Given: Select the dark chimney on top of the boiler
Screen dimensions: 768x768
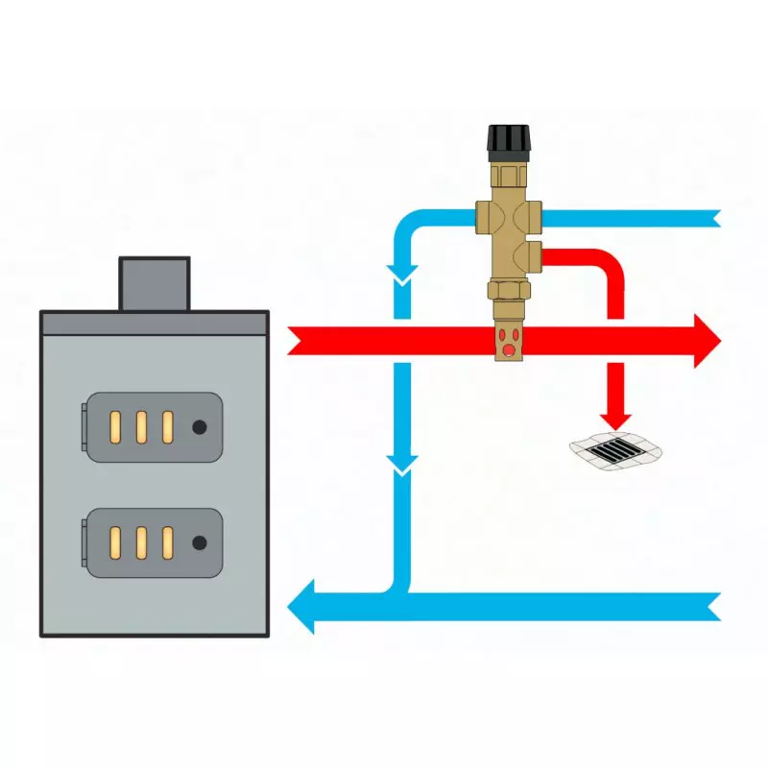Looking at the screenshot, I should click(154, 283).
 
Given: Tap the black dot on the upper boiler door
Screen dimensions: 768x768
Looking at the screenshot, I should click(199, 427).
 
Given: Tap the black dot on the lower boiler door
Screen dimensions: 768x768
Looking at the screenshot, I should click(199, 543).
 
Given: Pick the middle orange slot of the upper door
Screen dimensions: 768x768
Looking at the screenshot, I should click(141, 427).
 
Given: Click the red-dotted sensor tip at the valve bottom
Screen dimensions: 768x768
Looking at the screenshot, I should click(508, 342).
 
